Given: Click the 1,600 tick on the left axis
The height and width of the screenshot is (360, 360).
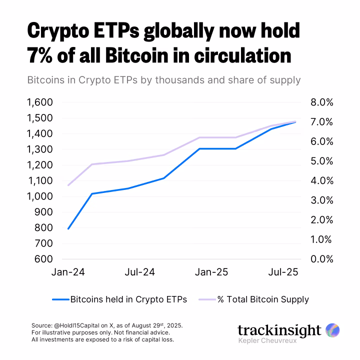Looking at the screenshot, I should (x=38, y=102).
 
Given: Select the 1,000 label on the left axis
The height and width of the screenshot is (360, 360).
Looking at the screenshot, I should (x=38, y=196).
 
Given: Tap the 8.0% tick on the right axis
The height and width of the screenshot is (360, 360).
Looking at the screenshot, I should (x=318, y=102).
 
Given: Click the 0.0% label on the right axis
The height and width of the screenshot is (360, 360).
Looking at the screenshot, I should (x=318, y=259).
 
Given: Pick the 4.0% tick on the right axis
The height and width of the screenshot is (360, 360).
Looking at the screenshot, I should (x=318, y=180).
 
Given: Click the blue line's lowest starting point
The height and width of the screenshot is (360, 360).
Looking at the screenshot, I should (x=68, y=228).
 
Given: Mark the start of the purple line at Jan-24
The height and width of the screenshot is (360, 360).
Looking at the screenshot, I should (x=68, y=185).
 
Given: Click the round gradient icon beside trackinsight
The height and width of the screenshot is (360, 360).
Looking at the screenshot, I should (x=332, y=330).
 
